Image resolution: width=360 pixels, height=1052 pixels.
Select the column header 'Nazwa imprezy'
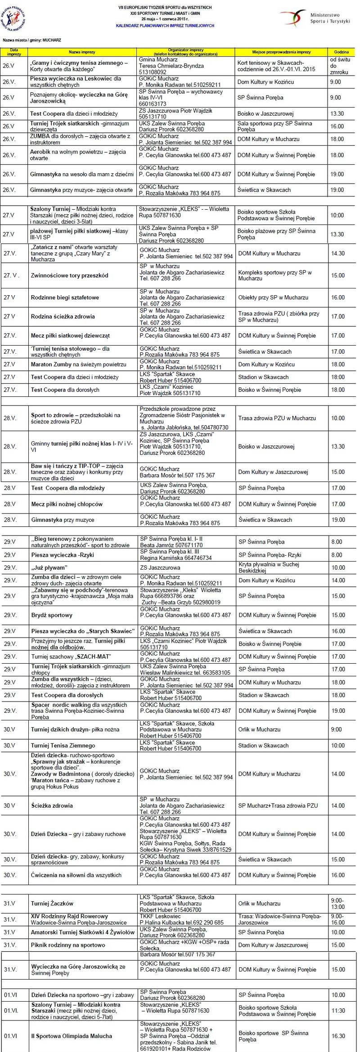click(82, 52)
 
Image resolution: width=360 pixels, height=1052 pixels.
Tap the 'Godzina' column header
click(341, 52)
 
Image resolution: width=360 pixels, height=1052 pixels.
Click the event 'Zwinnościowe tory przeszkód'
click(69, 275)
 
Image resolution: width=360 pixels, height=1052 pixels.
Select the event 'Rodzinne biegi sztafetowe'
click(65, 297)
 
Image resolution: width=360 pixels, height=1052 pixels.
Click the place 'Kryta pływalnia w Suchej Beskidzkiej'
click(269, 567)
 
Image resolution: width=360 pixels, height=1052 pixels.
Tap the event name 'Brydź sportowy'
click(51, 615)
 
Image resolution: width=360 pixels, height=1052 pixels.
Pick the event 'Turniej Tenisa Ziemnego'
click(63, 746)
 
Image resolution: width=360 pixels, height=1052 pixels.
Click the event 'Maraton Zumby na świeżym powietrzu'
click(78, 364)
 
